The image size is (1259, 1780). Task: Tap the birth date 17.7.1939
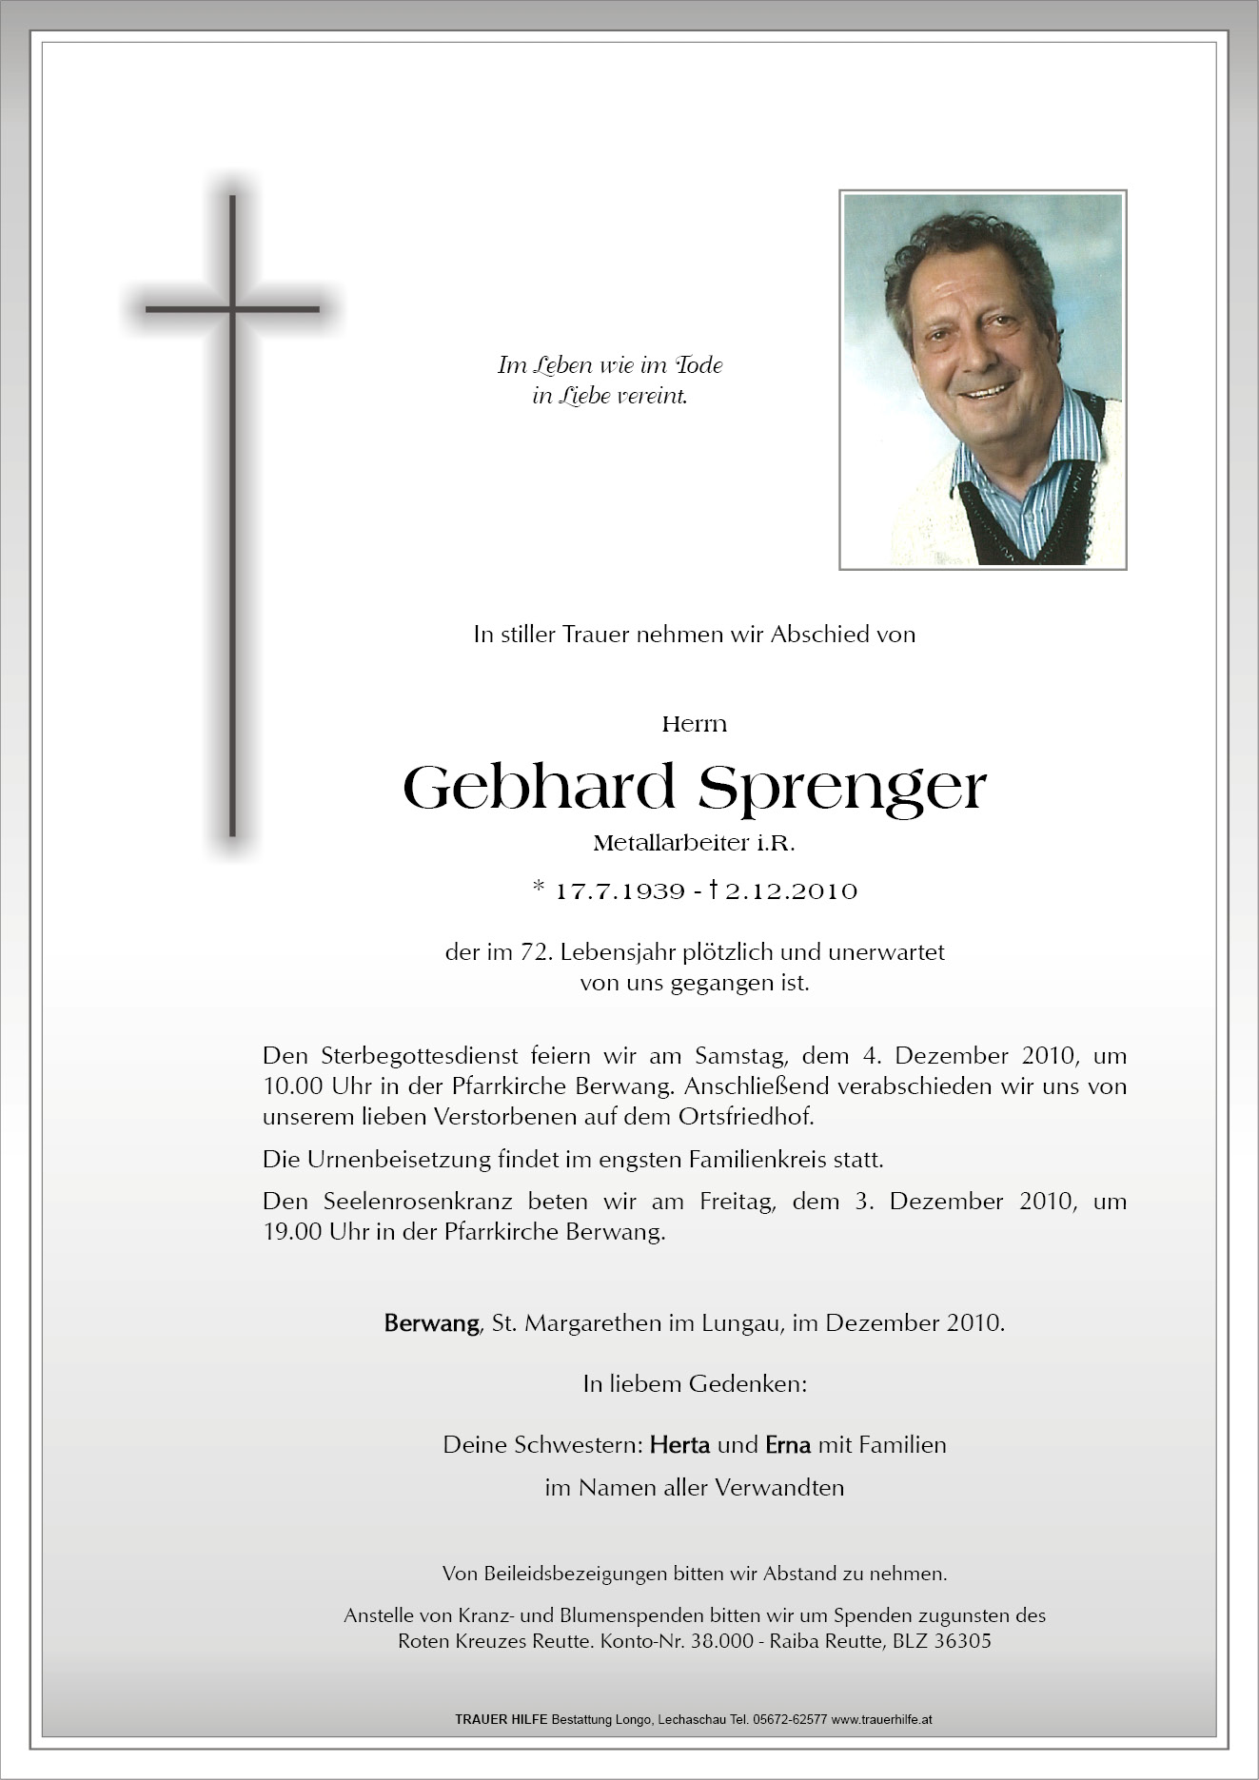pyautogui.click(x=620, y=891)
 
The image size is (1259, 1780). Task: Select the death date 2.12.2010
pyautogui.click(x=791, y=891)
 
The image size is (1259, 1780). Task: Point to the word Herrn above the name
pyautogui.click(x=694, y=724)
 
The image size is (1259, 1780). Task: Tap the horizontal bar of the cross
pyautogui.click(x=232, y=309)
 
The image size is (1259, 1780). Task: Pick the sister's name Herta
pyautogui.click(x=679, y=1445)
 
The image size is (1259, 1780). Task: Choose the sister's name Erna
pyautogui.click(x=788, y=1445)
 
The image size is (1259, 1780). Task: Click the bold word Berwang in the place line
pyautogui.click(x=431, y=1323)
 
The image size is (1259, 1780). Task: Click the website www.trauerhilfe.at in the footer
pyautogui.click(x=882, y=1720)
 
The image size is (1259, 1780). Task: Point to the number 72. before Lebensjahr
pyautogui.click(x=531, y=952)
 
